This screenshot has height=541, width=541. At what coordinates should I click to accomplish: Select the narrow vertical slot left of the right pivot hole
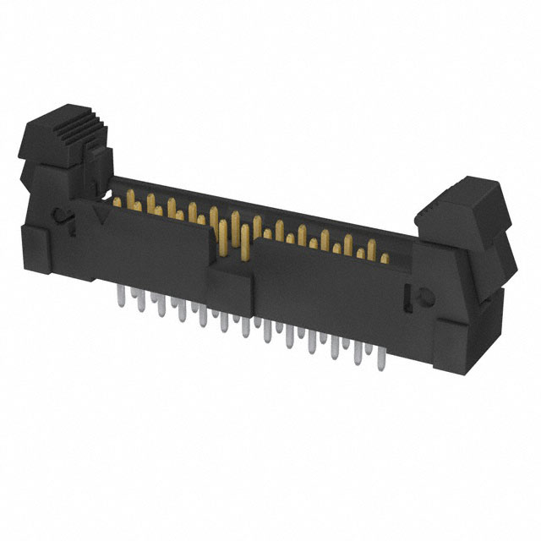(409, 296)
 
